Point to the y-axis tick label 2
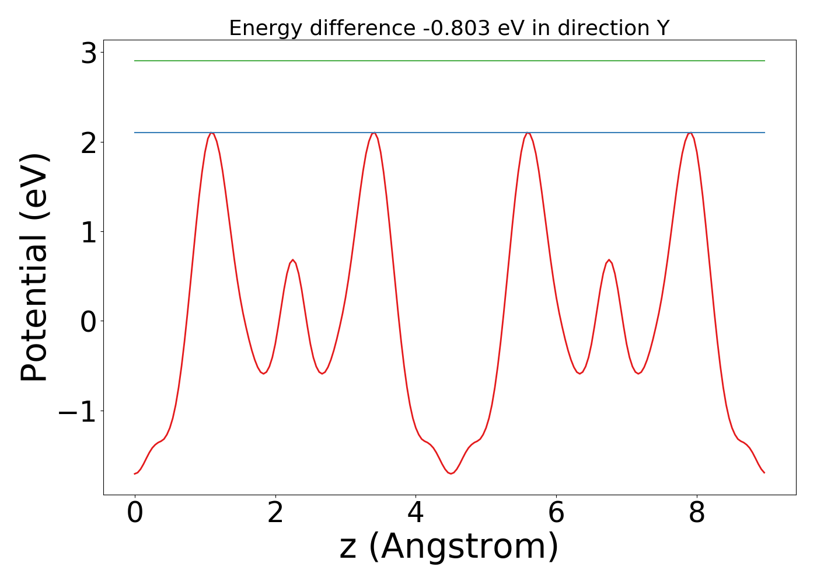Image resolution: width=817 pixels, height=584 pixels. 89,143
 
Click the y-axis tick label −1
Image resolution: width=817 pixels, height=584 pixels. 77,412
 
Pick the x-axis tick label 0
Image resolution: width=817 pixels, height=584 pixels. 135,513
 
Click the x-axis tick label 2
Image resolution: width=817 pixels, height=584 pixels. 275,513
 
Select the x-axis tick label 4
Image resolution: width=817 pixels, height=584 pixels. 416,513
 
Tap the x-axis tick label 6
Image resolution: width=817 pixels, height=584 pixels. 556,513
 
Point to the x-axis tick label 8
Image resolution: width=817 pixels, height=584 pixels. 697,513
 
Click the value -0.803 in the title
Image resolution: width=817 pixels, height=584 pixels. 457,28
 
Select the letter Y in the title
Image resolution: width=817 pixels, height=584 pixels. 662,28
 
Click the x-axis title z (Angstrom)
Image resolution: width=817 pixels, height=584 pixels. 449,547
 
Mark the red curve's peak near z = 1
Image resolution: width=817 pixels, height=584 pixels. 212,133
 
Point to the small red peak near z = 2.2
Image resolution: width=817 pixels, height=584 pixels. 292,260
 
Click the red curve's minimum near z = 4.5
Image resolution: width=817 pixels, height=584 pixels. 451,474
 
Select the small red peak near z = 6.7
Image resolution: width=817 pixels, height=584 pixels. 609,260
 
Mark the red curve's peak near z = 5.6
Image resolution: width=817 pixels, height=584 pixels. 528,133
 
